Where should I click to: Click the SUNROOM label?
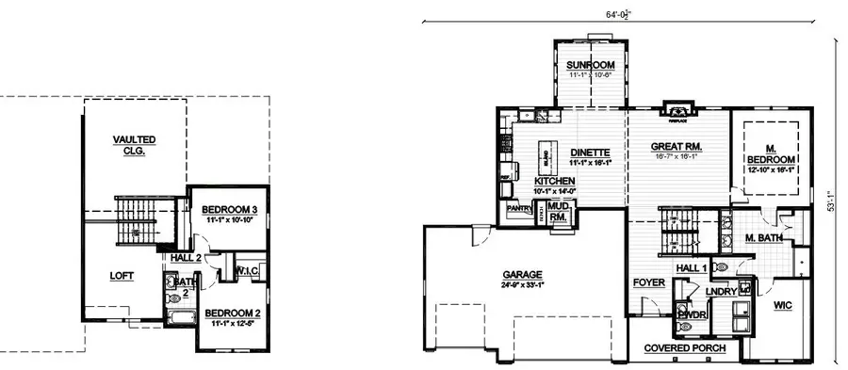point(590,65)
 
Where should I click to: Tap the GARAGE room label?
point(522,275)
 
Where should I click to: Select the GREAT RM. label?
point(677,147)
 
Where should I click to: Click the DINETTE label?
point(592,153)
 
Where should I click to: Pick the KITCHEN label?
point(554,181)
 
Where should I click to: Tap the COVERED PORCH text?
point(685,348)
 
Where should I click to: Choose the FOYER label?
point(649,282)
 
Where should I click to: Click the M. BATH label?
point(763,238)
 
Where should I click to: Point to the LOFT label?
point(122,276)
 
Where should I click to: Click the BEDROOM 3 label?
point(231,209)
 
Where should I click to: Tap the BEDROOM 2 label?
point(230,313)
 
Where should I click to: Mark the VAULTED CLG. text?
point(135,145)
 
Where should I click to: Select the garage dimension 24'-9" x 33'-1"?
point(522,285)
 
